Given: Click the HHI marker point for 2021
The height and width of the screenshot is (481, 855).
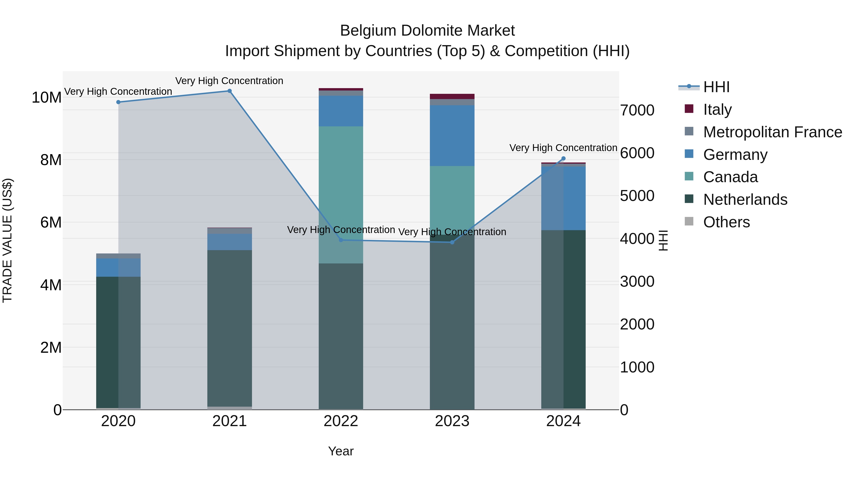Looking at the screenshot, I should click(x=229, y=91).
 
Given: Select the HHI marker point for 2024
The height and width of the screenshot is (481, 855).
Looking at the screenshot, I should click(x=563, y=159).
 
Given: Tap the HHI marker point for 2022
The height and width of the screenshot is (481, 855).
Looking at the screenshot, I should click(x=341, y=240).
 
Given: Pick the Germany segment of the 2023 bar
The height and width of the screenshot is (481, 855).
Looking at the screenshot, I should click(x=452, y=135).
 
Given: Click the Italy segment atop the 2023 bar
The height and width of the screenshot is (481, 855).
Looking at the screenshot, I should click(x=452, y=96).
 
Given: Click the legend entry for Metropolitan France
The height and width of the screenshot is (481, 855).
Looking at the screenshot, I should click(x=772, y=132).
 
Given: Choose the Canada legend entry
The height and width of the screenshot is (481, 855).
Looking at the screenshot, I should click(x=730, y=177).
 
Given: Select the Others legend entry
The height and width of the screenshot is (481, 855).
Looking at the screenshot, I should click(x=726, y=222).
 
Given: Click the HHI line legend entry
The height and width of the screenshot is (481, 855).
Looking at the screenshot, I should click(x=716, y=87).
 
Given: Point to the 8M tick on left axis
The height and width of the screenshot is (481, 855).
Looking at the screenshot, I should click(x=51, y=160).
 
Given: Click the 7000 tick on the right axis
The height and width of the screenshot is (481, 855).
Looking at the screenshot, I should click(x=637, y=110).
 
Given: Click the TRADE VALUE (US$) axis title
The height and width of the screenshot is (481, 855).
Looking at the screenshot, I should click(x=7, y=240).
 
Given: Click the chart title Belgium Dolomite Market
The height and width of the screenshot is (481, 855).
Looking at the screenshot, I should click(x=427, y=31).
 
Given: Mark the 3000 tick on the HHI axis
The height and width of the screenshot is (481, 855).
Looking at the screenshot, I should click(x=637, y=281).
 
